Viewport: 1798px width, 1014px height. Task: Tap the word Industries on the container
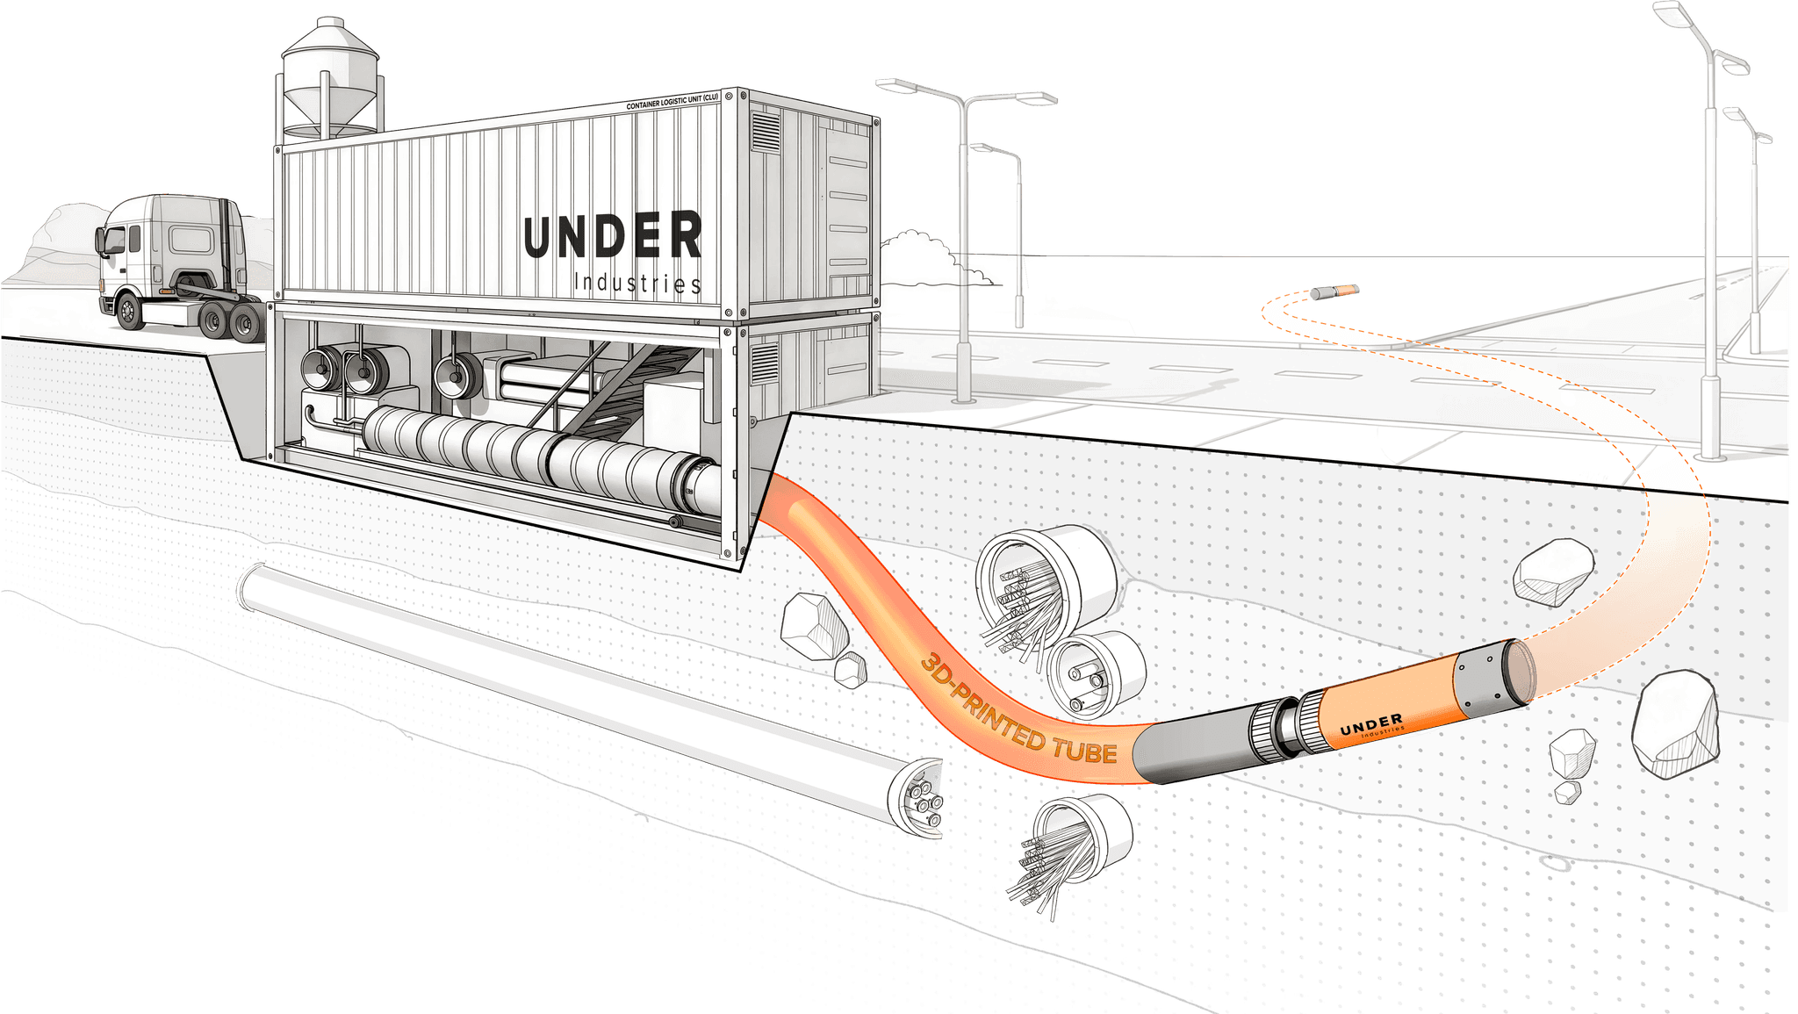636,283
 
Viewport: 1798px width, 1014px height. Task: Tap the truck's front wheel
129,311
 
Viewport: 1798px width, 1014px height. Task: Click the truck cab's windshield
114,238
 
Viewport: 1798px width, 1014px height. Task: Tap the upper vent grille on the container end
765,132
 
